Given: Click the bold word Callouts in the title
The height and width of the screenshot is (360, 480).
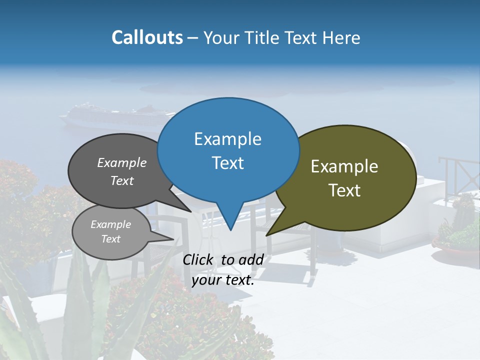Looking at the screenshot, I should pyautogui.click(x=147, y=37).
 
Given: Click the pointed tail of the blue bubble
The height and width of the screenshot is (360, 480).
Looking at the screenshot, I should pyautogui.click(x=230, y=225).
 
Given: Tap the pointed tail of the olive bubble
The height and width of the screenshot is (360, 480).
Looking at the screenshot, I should pyautogui.click(x=272, y=231).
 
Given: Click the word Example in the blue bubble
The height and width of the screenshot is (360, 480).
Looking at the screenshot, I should pyautogui.click(x=227, y=139).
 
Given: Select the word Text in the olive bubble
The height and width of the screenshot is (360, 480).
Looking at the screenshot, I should pyautogui.click(x=344, y=190).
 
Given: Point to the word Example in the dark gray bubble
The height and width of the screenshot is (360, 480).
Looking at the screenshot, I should pyautogui.click(x=122, y=162).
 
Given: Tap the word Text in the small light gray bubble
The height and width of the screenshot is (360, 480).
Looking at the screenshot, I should pyautogui.click(x=111, y=239).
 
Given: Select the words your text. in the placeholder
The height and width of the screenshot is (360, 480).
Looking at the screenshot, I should pyautogui.click(x=223, y=280).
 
